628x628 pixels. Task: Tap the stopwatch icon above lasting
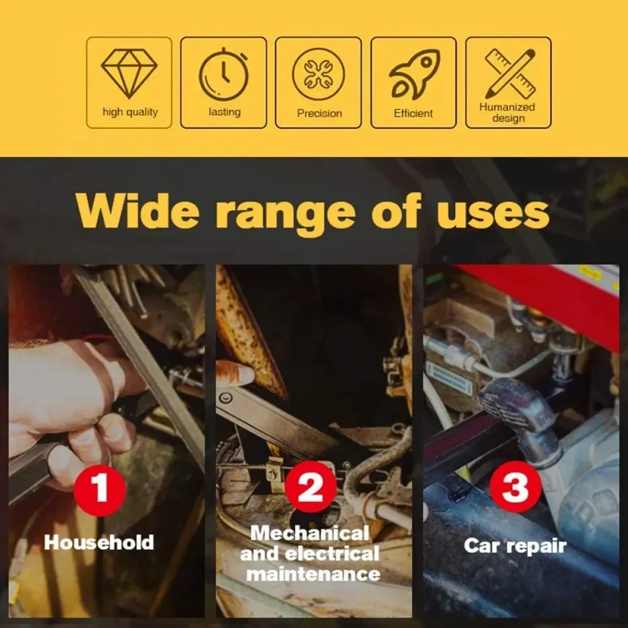(224, 74)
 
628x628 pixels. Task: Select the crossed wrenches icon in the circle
(318, 75)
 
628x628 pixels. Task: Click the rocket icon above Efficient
(414, 75)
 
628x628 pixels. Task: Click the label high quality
(130, 113)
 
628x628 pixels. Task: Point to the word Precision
(319, 114)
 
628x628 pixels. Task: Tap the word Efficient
(413, 114)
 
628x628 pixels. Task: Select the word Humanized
(507, 107)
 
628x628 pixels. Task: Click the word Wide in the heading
(138, 211)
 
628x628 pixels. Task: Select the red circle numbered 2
(310, 488)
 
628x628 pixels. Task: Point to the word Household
(99, 543)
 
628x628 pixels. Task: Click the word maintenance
(313, 574)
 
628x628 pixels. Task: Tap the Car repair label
(515, 546)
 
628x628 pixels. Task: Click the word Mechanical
(310, 533)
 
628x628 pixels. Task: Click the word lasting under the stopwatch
(225, 112)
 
